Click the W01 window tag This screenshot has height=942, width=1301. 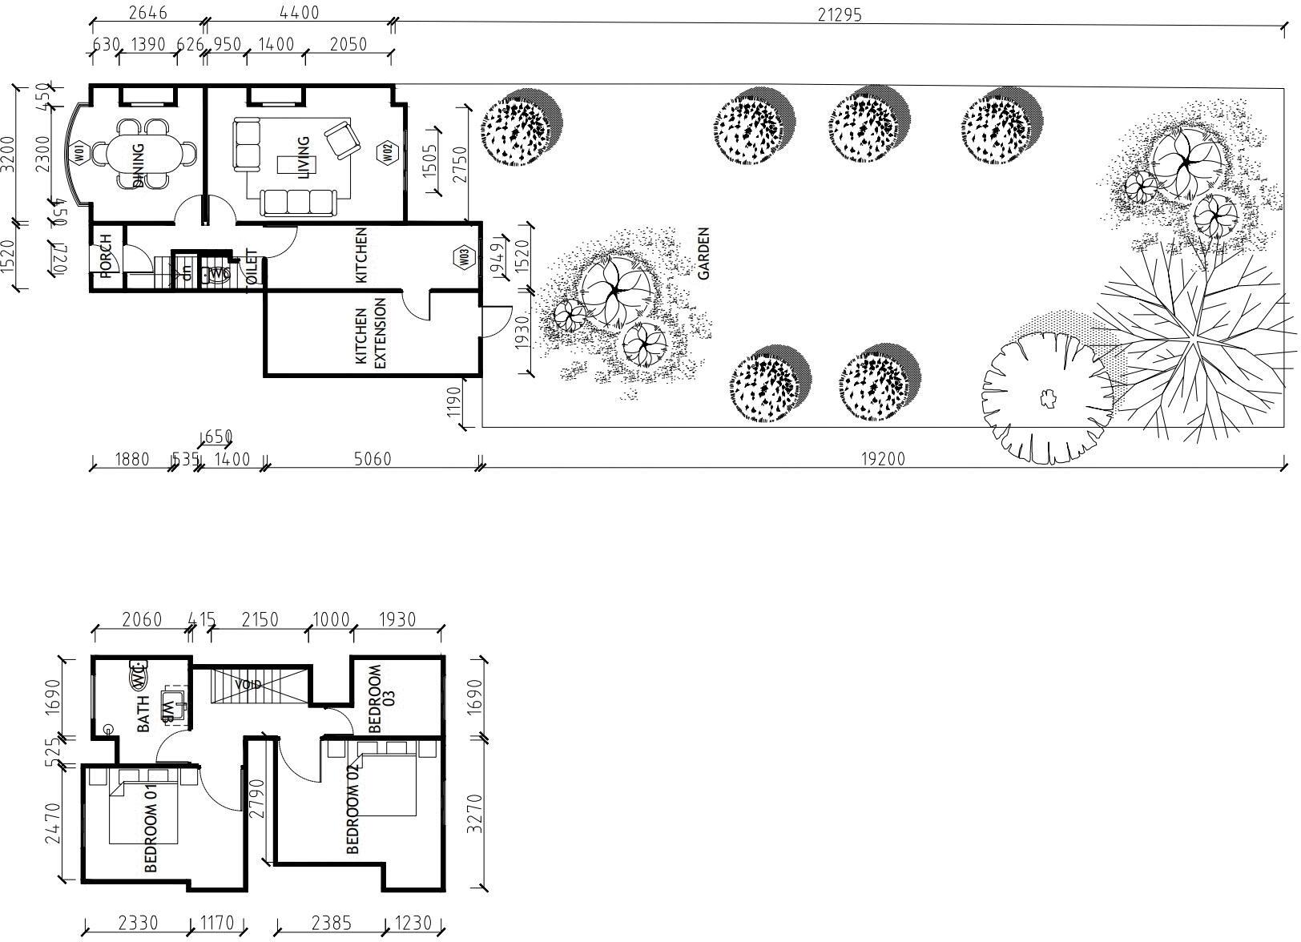click(79, 153)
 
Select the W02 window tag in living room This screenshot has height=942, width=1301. click(386, 152)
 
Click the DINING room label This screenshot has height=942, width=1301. click(139, 165)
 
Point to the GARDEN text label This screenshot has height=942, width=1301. click(704, 253)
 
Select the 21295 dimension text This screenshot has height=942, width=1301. click(840, 14)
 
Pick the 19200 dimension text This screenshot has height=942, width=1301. click(882, 459)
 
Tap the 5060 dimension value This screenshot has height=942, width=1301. click(372, 459)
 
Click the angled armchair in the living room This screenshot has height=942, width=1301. click(343, 139)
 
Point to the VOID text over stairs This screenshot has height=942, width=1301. click(248, 685)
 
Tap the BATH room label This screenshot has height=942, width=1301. click(144, 714)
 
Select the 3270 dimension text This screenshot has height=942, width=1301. click(476, 813)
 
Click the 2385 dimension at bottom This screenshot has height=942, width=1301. click(331, 924)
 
